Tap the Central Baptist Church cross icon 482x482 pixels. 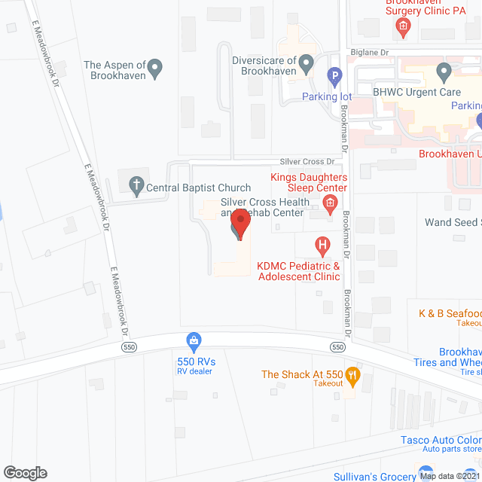tap(136, 184)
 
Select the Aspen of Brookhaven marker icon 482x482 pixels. tap(155, 69)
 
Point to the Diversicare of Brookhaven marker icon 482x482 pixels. tap(306, 64)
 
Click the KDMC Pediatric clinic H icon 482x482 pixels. tap(322, 246)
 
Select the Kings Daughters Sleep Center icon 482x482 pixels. tap(329, 203)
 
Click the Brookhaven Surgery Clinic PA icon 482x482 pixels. tap(403, 28)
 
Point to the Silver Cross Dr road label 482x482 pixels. tap(307, 162)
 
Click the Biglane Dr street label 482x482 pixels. tap(368, 53)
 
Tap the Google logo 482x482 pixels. tap(24, 472)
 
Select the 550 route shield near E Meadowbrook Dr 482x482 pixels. tap(129, 346)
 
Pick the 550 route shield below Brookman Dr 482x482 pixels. tap(337, 346)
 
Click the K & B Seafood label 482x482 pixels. tap(450, 313)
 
